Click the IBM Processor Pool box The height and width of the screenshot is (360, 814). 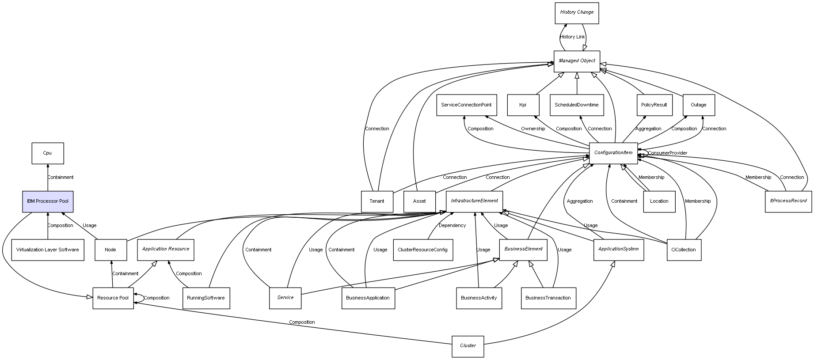[48, 201]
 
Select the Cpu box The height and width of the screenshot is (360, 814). [48, 153]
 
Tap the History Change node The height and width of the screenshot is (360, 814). [577, 13]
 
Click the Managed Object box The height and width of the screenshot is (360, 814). [577, 61]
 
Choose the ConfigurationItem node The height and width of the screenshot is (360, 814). [613, 153]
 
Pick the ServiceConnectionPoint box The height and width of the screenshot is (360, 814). [467, 105]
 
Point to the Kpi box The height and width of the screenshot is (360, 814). [523, 105]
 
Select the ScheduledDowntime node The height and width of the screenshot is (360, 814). [577, 105]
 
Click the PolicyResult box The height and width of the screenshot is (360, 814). [654, 105]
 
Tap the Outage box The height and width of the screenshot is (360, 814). [699, 105]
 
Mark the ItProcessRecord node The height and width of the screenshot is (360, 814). [788, 201]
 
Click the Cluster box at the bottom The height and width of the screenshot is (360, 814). [468, 346]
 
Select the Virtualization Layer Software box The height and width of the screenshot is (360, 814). [48, 250]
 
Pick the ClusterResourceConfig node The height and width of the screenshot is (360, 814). [423, 250]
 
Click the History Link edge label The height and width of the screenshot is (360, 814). [572, 37]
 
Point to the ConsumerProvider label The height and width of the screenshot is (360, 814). [667, 153]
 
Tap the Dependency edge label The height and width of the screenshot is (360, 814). [452, 226]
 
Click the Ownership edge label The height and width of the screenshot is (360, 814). [533, 129]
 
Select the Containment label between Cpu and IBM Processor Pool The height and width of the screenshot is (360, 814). [61, 178]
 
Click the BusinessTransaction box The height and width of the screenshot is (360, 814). [548, 298]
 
